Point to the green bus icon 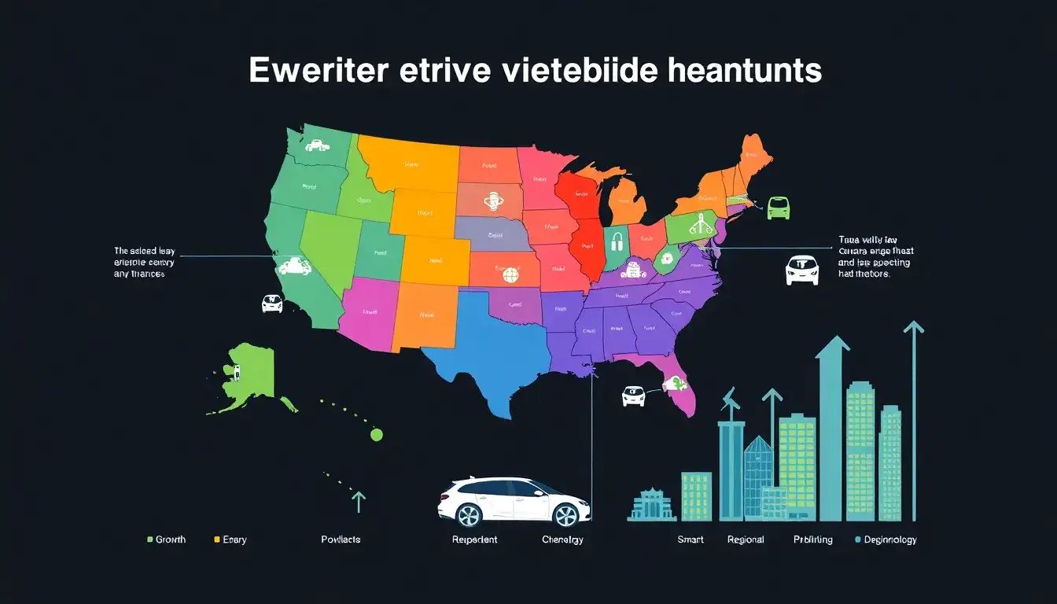point(778,208)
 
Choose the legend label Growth point(171,540)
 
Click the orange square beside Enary point(217,540)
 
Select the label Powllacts point(341,540)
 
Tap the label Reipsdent point(474,540)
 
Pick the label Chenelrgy point(562,540)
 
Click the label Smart point(691,540)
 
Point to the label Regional point(746,540)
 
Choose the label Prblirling point(812,540)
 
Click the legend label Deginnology point(890,540)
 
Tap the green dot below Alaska point(376,434)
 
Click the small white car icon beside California point(271,303)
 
